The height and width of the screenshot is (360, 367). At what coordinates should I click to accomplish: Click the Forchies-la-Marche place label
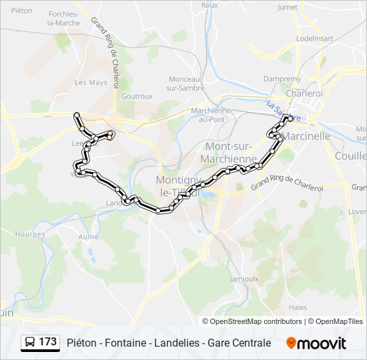[63, 19]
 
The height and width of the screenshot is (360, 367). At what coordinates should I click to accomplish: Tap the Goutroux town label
[137, 96]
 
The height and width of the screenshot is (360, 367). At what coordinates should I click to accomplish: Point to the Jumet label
[287, 7]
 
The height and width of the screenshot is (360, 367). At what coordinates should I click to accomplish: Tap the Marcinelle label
[308, 136]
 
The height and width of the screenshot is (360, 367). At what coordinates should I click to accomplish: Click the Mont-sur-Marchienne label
[231, 153]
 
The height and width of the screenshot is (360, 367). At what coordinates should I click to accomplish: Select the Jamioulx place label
[244, 279]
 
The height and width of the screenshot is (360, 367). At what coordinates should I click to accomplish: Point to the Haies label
[298, 307]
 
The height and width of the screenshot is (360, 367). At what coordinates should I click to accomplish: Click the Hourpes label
[31, 235]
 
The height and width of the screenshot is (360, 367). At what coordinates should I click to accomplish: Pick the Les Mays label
[91, 83]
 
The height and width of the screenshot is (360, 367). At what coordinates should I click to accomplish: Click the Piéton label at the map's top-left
[21, 10]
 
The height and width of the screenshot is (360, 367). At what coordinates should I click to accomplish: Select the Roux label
[210, 5]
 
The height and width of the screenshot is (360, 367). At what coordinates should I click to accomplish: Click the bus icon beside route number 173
[31, 343]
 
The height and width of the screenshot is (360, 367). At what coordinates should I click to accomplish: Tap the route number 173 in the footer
[48, 342]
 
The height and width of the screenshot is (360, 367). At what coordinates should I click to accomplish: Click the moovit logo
[316, 343]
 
